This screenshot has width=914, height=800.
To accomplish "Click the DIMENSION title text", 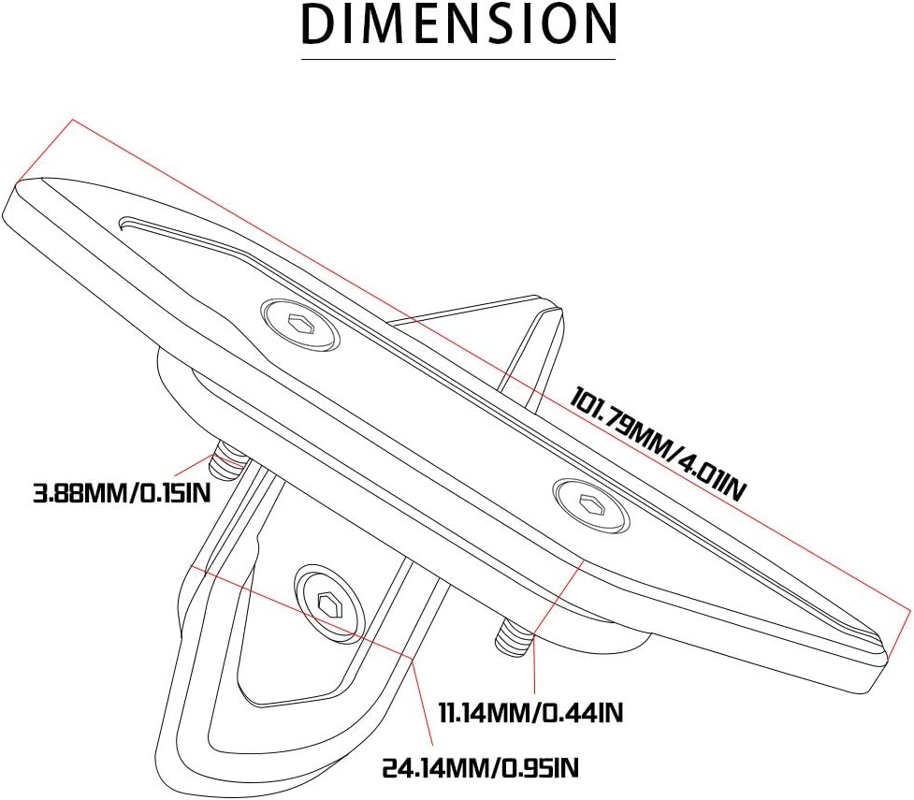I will [458, 24].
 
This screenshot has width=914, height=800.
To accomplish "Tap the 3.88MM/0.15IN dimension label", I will [122, 492].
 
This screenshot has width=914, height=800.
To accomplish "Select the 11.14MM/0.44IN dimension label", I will [530, 712].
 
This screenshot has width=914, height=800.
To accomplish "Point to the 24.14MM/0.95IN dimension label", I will [481, 769].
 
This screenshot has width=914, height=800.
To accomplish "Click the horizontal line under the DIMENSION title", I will [458, 60].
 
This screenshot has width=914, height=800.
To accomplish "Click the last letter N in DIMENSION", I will [598, 24].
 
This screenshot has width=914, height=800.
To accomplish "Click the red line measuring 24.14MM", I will [299, 614].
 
